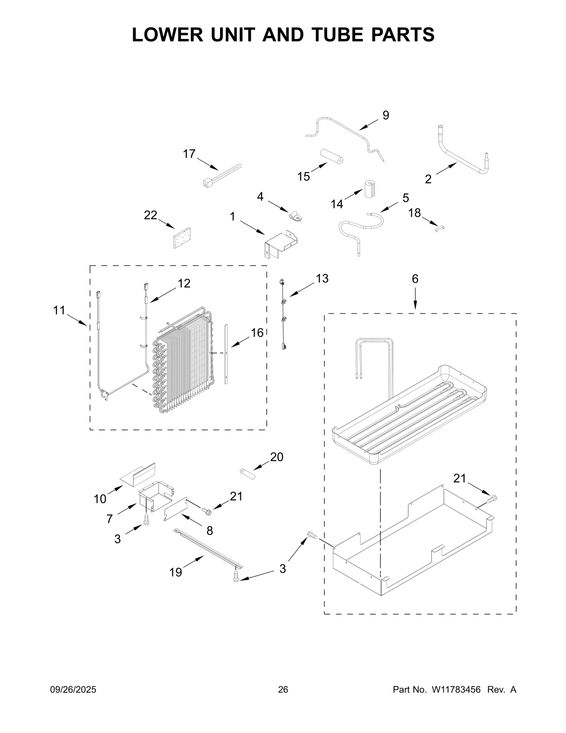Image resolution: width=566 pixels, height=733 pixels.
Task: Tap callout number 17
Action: point(189,154)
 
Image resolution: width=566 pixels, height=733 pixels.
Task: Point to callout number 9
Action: point(386,115)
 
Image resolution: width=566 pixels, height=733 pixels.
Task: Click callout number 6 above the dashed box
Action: point(415,279)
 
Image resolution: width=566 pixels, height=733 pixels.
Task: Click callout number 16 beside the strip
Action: point(257,333)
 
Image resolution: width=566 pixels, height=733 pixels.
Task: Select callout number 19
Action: point(175,572)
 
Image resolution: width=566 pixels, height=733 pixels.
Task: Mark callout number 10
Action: point(100,499)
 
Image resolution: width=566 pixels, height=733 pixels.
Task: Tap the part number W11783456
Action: point(456,689)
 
